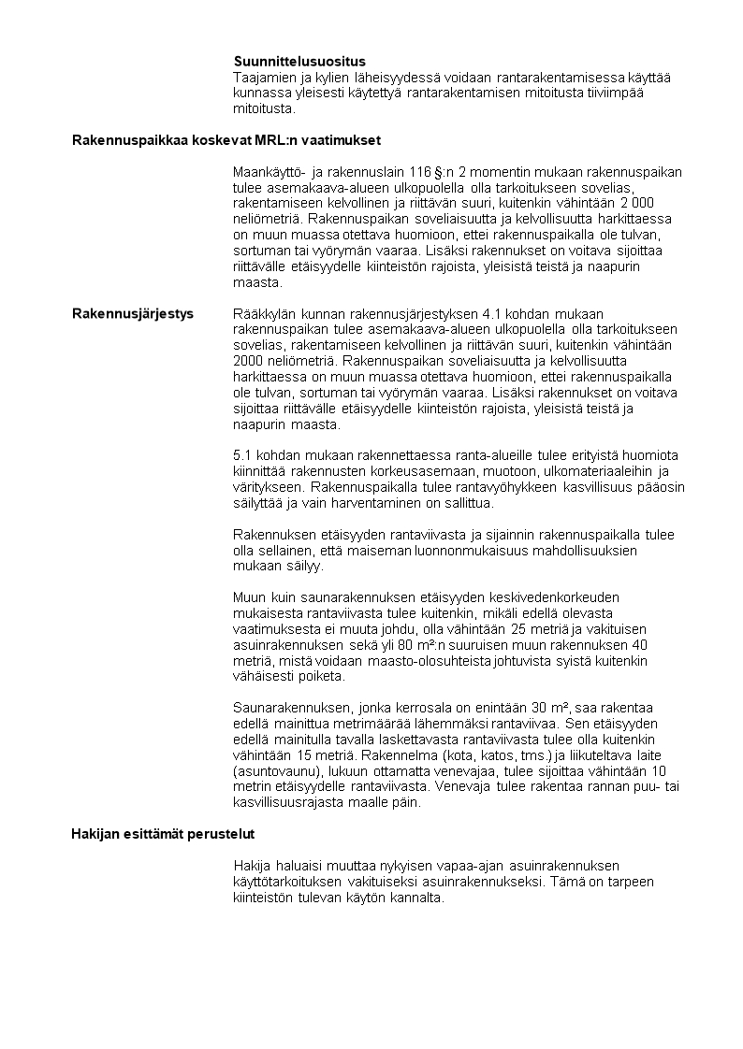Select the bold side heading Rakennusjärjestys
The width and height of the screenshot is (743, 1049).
(133, 313)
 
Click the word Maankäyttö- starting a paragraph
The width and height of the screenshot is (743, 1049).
(271, 172)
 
